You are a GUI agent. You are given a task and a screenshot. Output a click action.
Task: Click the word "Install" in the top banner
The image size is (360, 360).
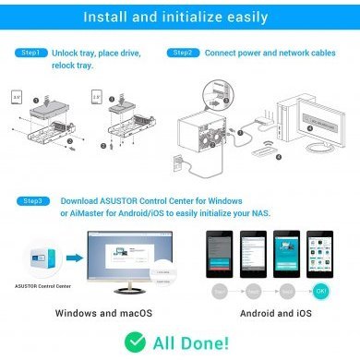tap(105, 17)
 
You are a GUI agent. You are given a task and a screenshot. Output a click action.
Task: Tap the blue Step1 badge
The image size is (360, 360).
tap(30, 54)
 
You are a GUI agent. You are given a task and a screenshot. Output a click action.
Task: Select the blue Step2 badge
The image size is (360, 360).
tap(182, 54)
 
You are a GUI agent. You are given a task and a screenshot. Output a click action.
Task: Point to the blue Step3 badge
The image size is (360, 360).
tap(30, 198)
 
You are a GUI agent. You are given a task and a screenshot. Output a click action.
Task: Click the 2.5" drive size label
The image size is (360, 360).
tap(98, 94)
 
